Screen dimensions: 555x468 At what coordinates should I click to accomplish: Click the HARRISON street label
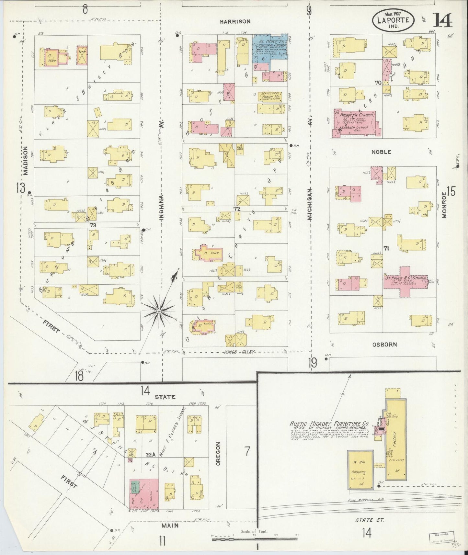pyautogui.click(x=235, y=22)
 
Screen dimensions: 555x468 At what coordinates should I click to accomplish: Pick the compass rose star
pyautogui.click(x=159, y=311)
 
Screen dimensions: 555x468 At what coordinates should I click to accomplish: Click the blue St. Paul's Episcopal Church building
pyautogui.click(x=270, y=47)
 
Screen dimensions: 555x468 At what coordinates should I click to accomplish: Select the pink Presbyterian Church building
pyautogui.click(x=356, y=123)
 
